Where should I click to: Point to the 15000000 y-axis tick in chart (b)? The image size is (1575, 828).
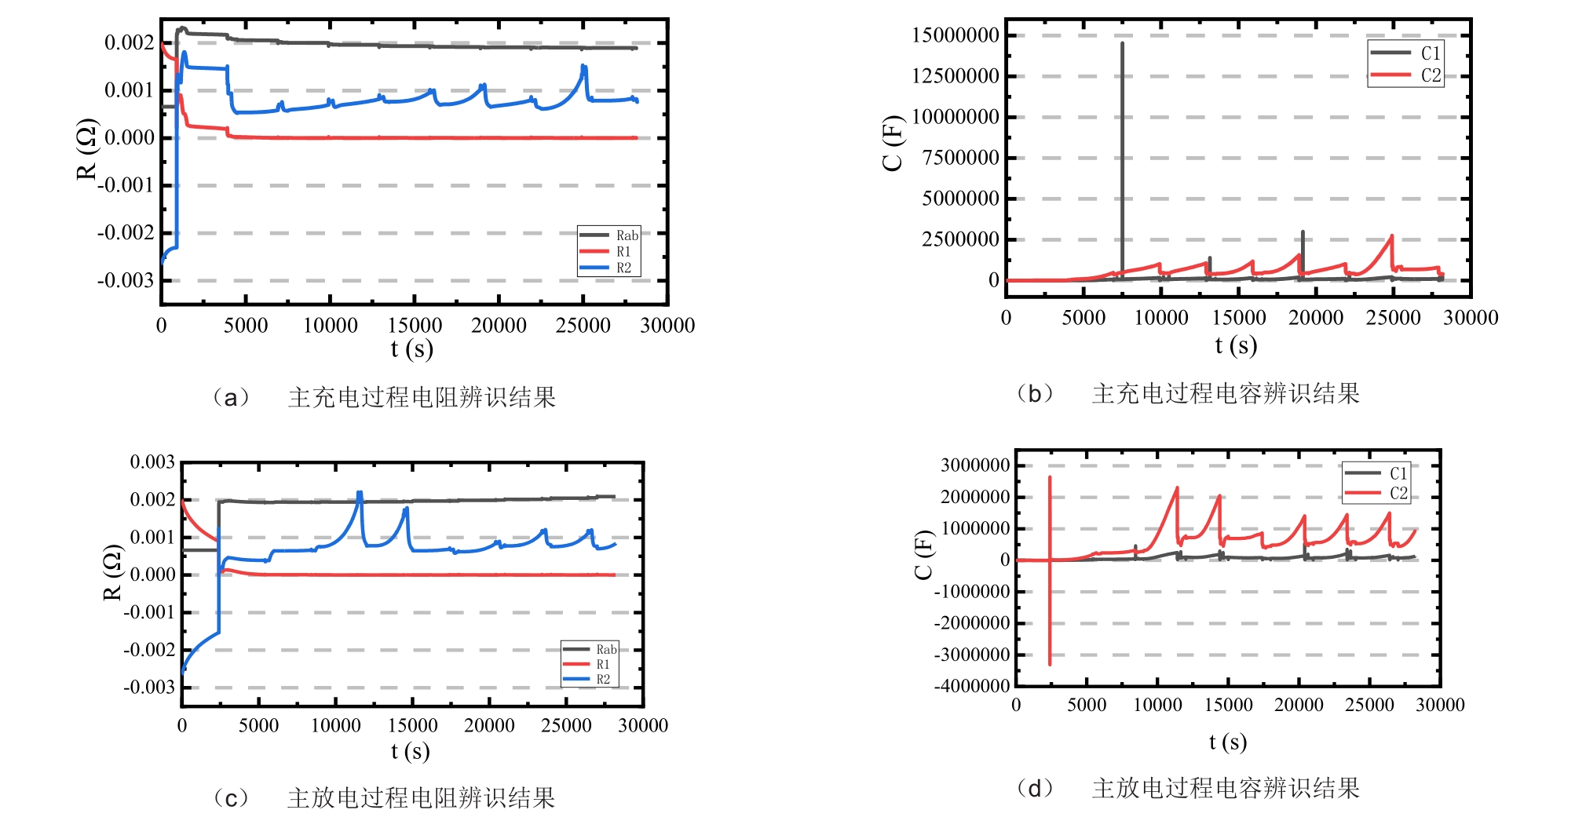[x=955, y=35]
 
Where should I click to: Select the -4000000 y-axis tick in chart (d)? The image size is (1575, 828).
[x=971, y=686]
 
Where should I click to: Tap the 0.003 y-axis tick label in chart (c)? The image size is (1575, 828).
[x=152, y=462]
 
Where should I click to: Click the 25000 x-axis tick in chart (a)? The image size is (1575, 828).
[x=583, y=326]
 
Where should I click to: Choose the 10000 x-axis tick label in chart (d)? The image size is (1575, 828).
[x=1157, y=705]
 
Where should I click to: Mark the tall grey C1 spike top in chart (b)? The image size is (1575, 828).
[x=1122, y=44]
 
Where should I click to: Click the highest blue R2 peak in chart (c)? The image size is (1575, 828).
[x=360, y=493]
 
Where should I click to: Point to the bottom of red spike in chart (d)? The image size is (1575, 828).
[x=1050, y=664]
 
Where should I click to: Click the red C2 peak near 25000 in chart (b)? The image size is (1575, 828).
[x=1392, y=235]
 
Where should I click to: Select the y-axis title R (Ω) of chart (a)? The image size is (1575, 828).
[x=86, y=149]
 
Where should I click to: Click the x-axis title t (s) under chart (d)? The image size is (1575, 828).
[x=1228, y=742]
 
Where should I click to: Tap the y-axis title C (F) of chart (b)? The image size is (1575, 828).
[x=893, y=143]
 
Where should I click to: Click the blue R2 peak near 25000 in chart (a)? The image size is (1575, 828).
[x=583, y=67]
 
